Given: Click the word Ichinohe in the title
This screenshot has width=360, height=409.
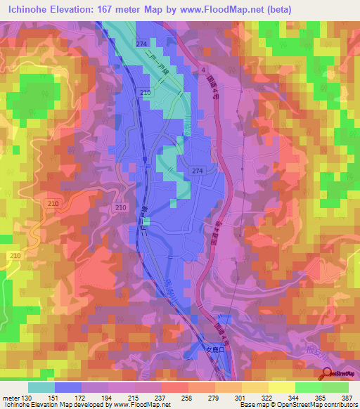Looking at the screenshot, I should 27,8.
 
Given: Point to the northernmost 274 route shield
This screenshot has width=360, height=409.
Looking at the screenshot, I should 141,44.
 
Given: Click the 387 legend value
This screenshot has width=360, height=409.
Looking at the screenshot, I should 347,398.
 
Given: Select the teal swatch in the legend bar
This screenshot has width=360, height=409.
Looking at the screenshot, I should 41,387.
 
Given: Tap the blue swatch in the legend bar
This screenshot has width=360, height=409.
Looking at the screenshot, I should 68,387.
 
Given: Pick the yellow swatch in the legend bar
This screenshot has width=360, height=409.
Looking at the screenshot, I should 281,387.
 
